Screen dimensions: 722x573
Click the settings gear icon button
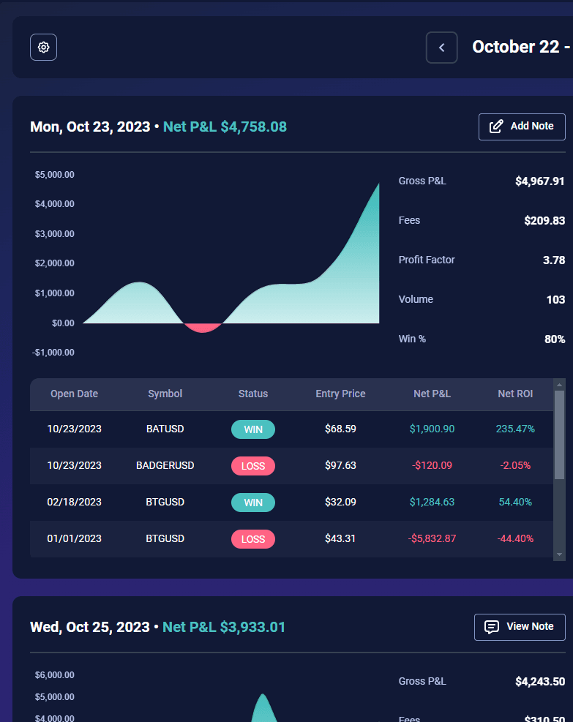point(43,48)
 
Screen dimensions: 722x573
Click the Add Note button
point(522,127)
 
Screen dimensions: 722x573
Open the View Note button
point(520,627)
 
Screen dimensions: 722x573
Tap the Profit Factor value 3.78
point(554,260)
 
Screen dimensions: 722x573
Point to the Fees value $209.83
point(544,220)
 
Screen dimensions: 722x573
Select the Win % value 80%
point(555,339)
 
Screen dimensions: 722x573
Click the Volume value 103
point(555,299)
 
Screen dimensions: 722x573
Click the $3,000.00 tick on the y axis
point(55,234)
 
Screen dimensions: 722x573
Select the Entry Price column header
point(340,394)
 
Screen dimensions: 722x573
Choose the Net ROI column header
point(515,394)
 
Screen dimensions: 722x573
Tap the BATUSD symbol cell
point(165,429)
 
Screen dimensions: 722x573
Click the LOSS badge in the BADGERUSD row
point(253,466)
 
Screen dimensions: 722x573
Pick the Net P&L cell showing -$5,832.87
point(432,538)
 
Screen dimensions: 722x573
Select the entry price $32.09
point(340,502)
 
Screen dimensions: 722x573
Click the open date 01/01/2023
point(74,538)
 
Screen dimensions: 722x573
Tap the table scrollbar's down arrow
point(560,555)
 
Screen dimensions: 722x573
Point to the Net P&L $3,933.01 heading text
point(224,627)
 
